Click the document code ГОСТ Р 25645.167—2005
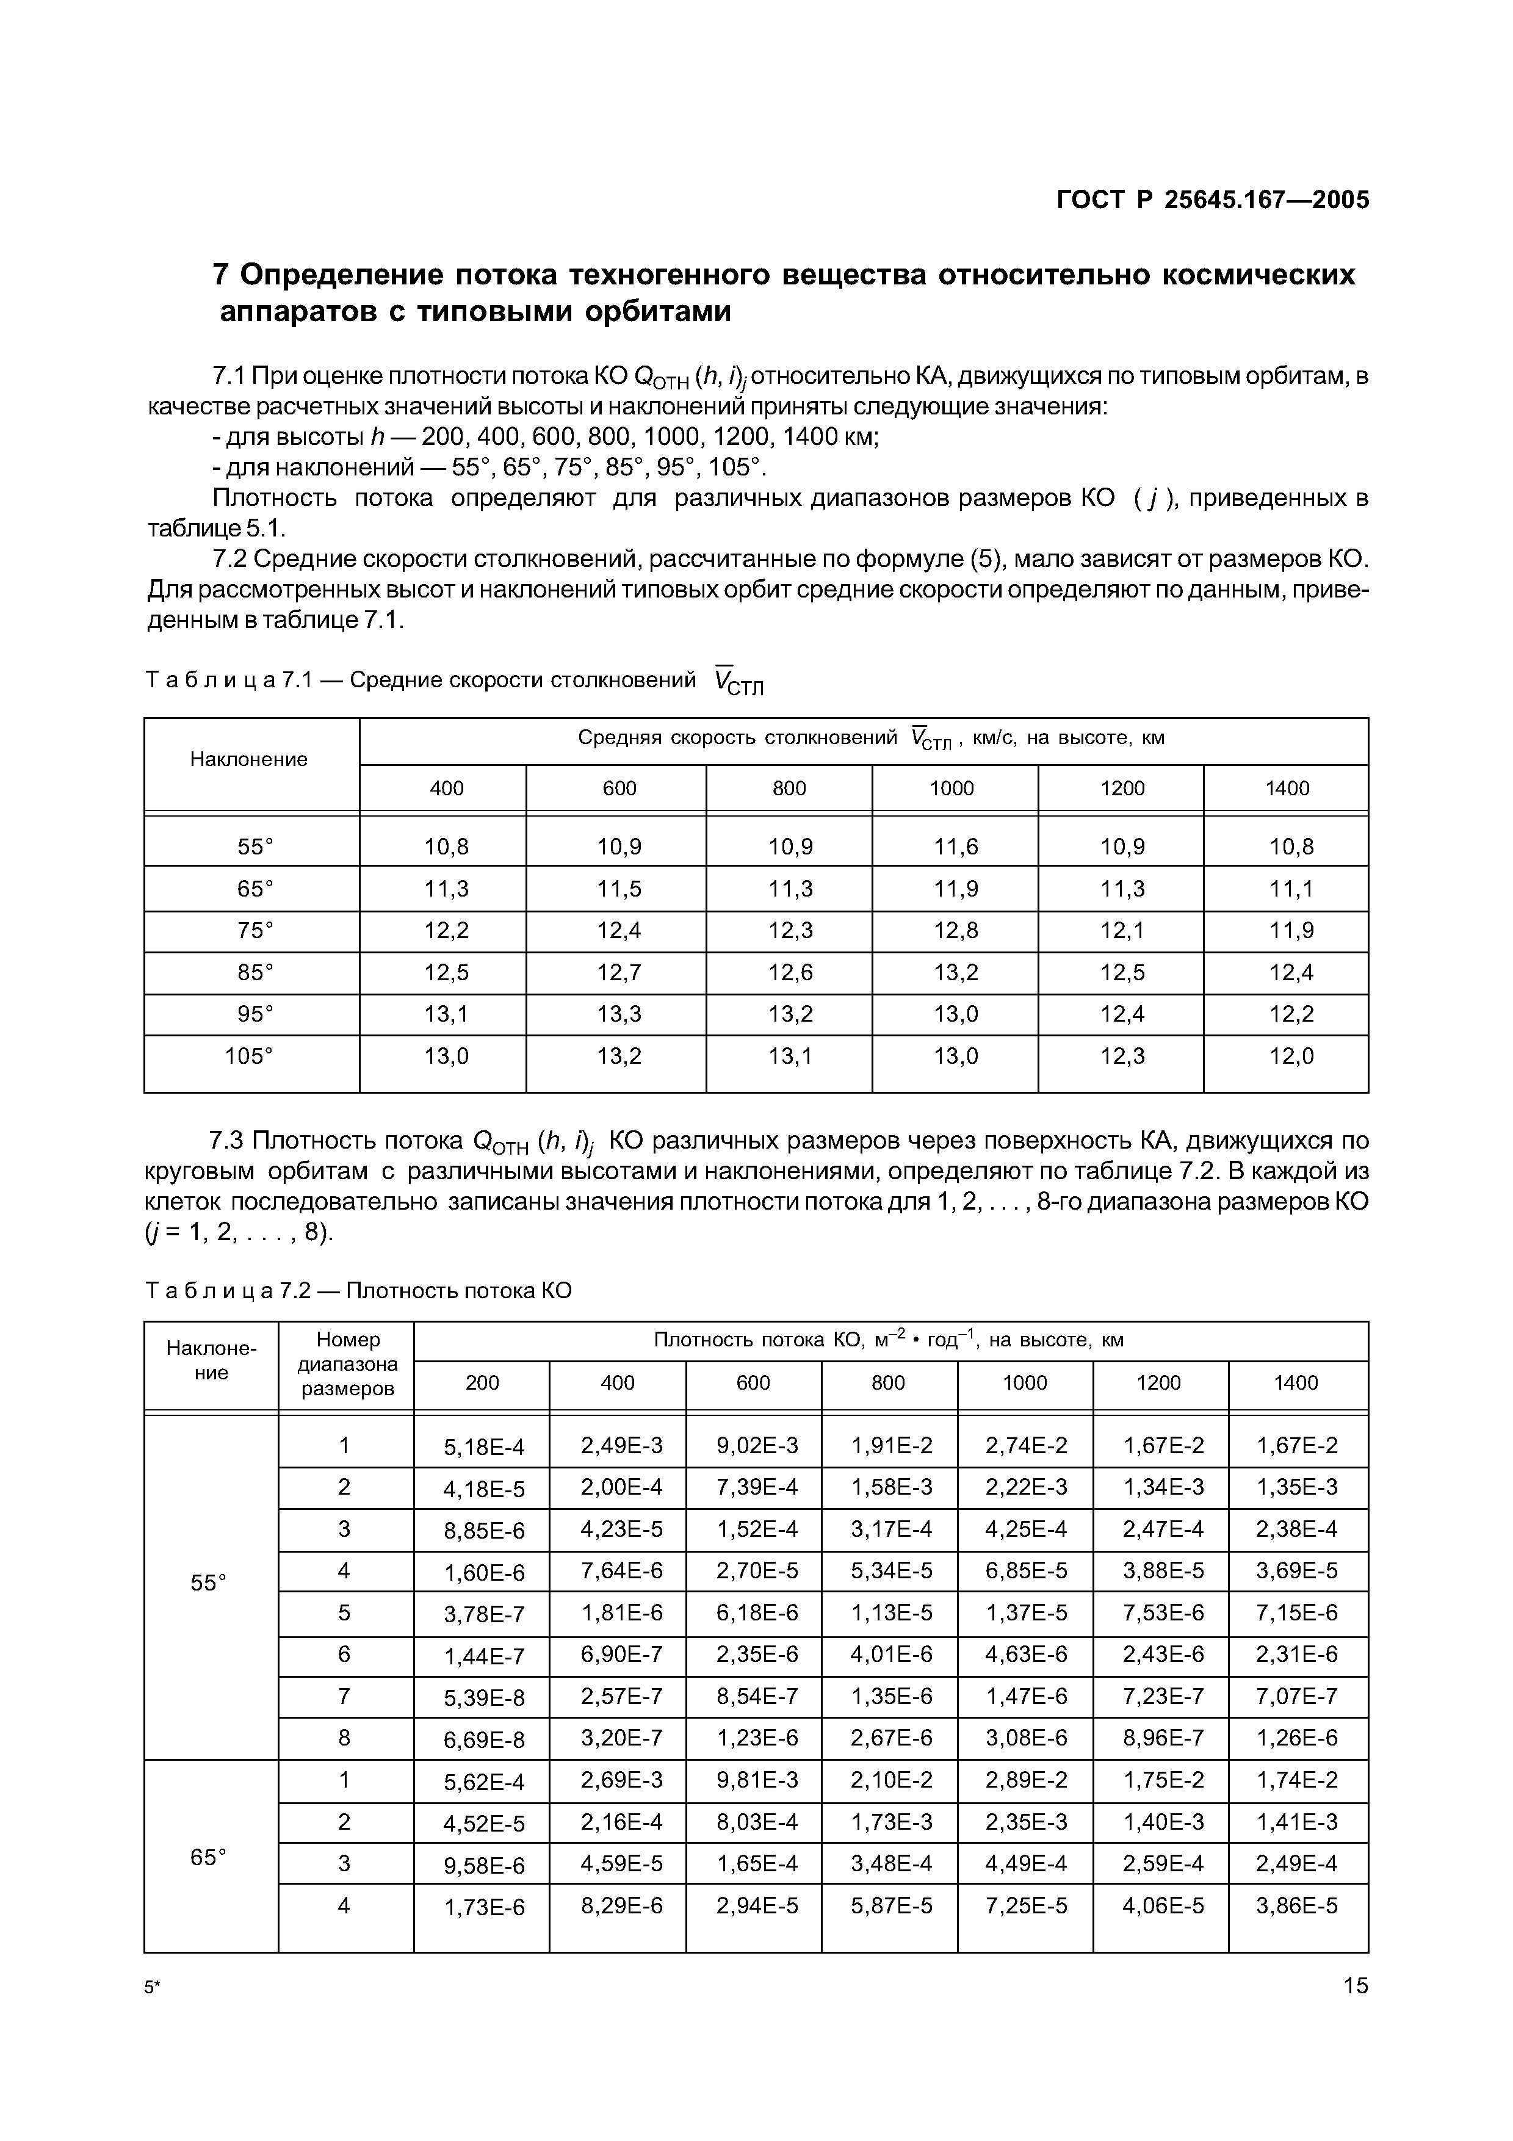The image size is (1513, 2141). [1212, 200]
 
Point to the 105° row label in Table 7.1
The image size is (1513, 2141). [249, 1056]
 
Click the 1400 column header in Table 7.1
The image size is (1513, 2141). [1287, 789]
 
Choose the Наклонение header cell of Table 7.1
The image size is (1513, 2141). [249, 759]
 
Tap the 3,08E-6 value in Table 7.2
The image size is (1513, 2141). [1025, 1738]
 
